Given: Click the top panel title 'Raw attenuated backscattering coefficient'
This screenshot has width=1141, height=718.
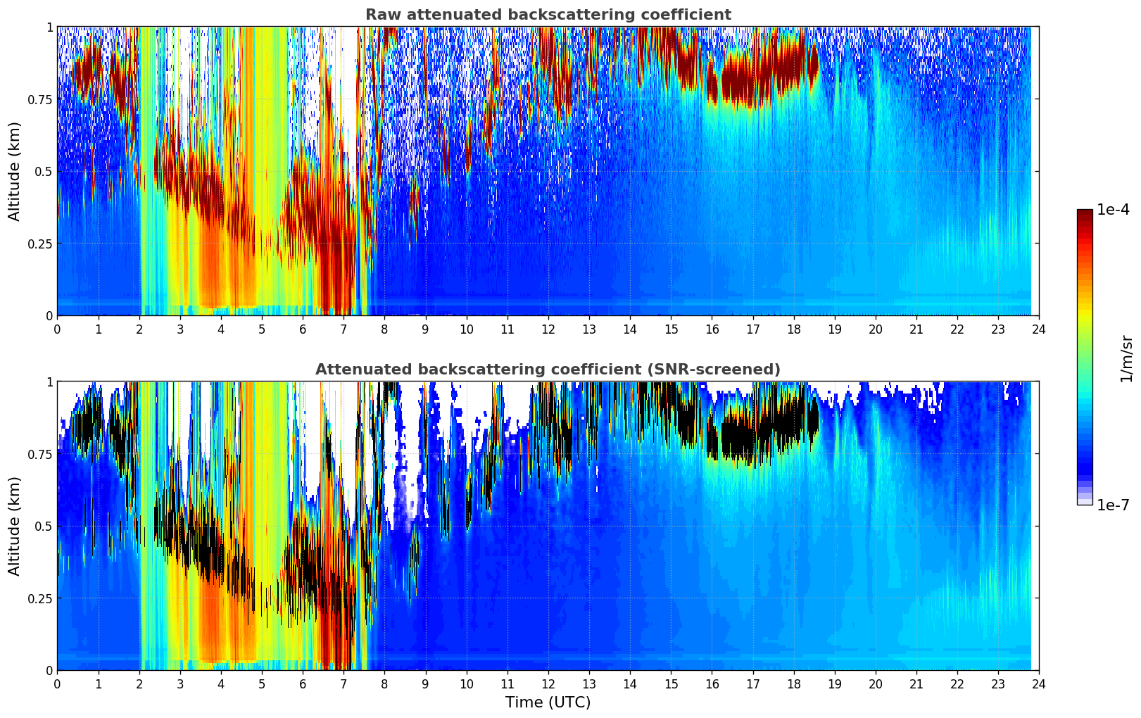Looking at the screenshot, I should [x=548, y=15].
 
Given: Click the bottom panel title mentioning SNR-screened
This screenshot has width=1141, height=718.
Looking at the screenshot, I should [x=548, y=370].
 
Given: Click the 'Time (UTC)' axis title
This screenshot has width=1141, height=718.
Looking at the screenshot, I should [x=548, y=703].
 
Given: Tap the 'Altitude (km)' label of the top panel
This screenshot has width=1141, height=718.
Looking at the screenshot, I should [x=14, y=171].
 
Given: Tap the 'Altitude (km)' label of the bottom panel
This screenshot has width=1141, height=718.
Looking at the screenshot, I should [x=14, y=526].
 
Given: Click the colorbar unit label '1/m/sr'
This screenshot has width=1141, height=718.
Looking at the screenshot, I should [x=1126, y=359].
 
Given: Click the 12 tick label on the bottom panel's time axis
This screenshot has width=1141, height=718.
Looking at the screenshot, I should [x=548, y=684].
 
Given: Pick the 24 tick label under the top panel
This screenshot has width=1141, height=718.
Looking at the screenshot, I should [x=1039, y=329].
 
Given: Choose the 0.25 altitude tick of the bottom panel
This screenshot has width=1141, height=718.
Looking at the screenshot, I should [x=40, y=598].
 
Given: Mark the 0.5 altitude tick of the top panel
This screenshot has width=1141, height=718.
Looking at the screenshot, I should [x=44, y=171].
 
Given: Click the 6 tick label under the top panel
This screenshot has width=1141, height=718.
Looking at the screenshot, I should [x=303, y=329].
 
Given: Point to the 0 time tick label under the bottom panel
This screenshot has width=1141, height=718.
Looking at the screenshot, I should [x=57, y=684].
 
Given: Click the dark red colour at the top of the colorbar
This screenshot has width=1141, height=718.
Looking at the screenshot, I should [x=1084, y=215].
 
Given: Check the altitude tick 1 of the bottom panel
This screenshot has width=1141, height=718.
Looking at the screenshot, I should [x=49, y=382].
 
